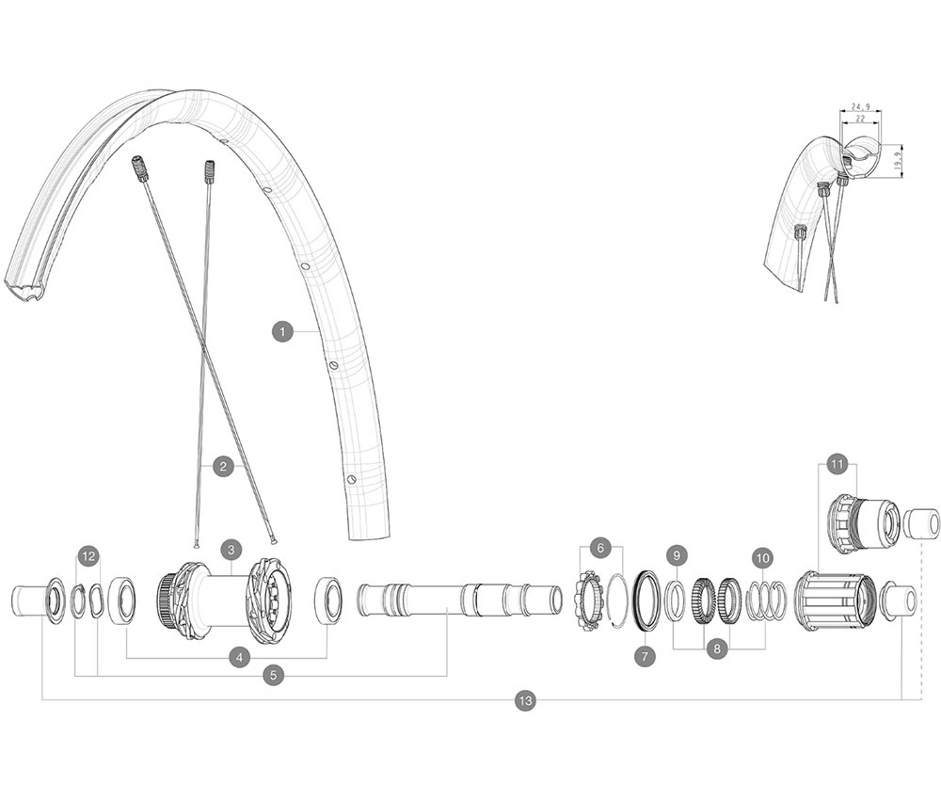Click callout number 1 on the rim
point(281,331)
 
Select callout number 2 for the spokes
point(223,466)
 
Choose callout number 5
point(273,675)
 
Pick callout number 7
point(645,656)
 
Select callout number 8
point(718,648)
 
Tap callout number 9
point(676,555)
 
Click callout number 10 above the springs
point(762,557)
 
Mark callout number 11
point(837,464)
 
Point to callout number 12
point(88,556)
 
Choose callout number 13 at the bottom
point(525,700)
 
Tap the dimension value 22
point(859,120)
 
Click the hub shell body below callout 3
point(224,600)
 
